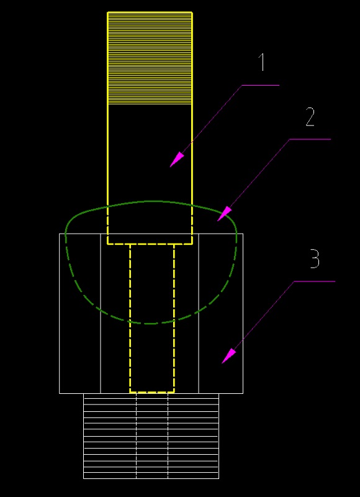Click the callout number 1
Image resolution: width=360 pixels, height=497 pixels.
(262, 62)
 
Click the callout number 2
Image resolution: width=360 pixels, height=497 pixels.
(310, 117)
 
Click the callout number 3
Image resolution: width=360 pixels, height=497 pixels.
(315, 258)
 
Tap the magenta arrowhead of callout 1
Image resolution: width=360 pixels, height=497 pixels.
(177, 160)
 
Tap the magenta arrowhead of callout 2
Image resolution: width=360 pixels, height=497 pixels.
(225, 213)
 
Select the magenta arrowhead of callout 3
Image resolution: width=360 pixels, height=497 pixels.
(228, 355)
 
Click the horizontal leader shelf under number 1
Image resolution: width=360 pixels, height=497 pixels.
(261, 85)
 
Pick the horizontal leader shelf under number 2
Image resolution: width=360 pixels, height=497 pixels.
(310, 139)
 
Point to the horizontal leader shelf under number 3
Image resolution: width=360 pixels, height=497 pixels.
(315, 281)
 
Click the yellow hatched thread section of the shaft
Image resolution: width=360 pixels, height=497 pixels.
(150, 58)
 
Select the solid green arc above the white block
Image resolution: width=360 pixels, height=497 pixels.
(151, 201)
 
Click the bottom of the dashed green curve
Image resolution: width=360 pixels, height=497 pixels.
(151, 323)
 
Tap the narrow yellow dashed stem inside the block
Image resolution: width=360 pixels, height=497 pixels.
(152, 318)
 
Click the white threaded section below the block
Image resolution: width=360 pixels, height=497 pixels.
(151, 436)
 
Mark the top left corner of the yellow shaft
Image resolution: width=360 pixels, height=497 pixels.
(107, 12)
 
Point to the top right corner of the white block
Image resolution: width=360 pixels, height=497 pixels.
(243, 234)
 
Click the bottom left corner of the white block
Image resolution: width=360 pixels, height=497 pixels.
(60, 393)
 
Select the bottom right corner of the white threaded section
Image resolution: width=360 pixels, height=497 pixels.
(218, 478)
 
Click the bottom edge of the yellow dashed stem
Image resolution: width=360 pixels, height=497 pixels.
(152, 392)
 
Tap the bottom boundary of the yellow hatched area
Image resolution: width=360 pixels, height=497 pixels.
(150, 104)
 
